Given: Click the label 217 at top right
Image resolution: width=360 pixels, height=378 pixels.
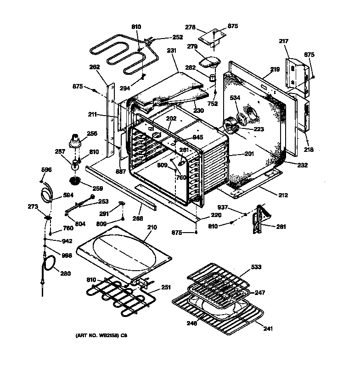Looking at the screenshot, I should (284, 42).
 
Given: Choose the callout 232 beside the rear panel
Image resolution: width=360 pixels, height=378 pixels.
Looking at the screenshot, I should (302, 165).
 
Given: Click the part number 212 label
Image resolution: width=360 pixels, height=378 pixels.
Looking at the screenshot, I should (282, 195).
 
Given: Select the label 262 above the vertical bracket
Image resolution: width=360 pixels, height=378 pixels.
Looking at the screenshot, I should (95, 67).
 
